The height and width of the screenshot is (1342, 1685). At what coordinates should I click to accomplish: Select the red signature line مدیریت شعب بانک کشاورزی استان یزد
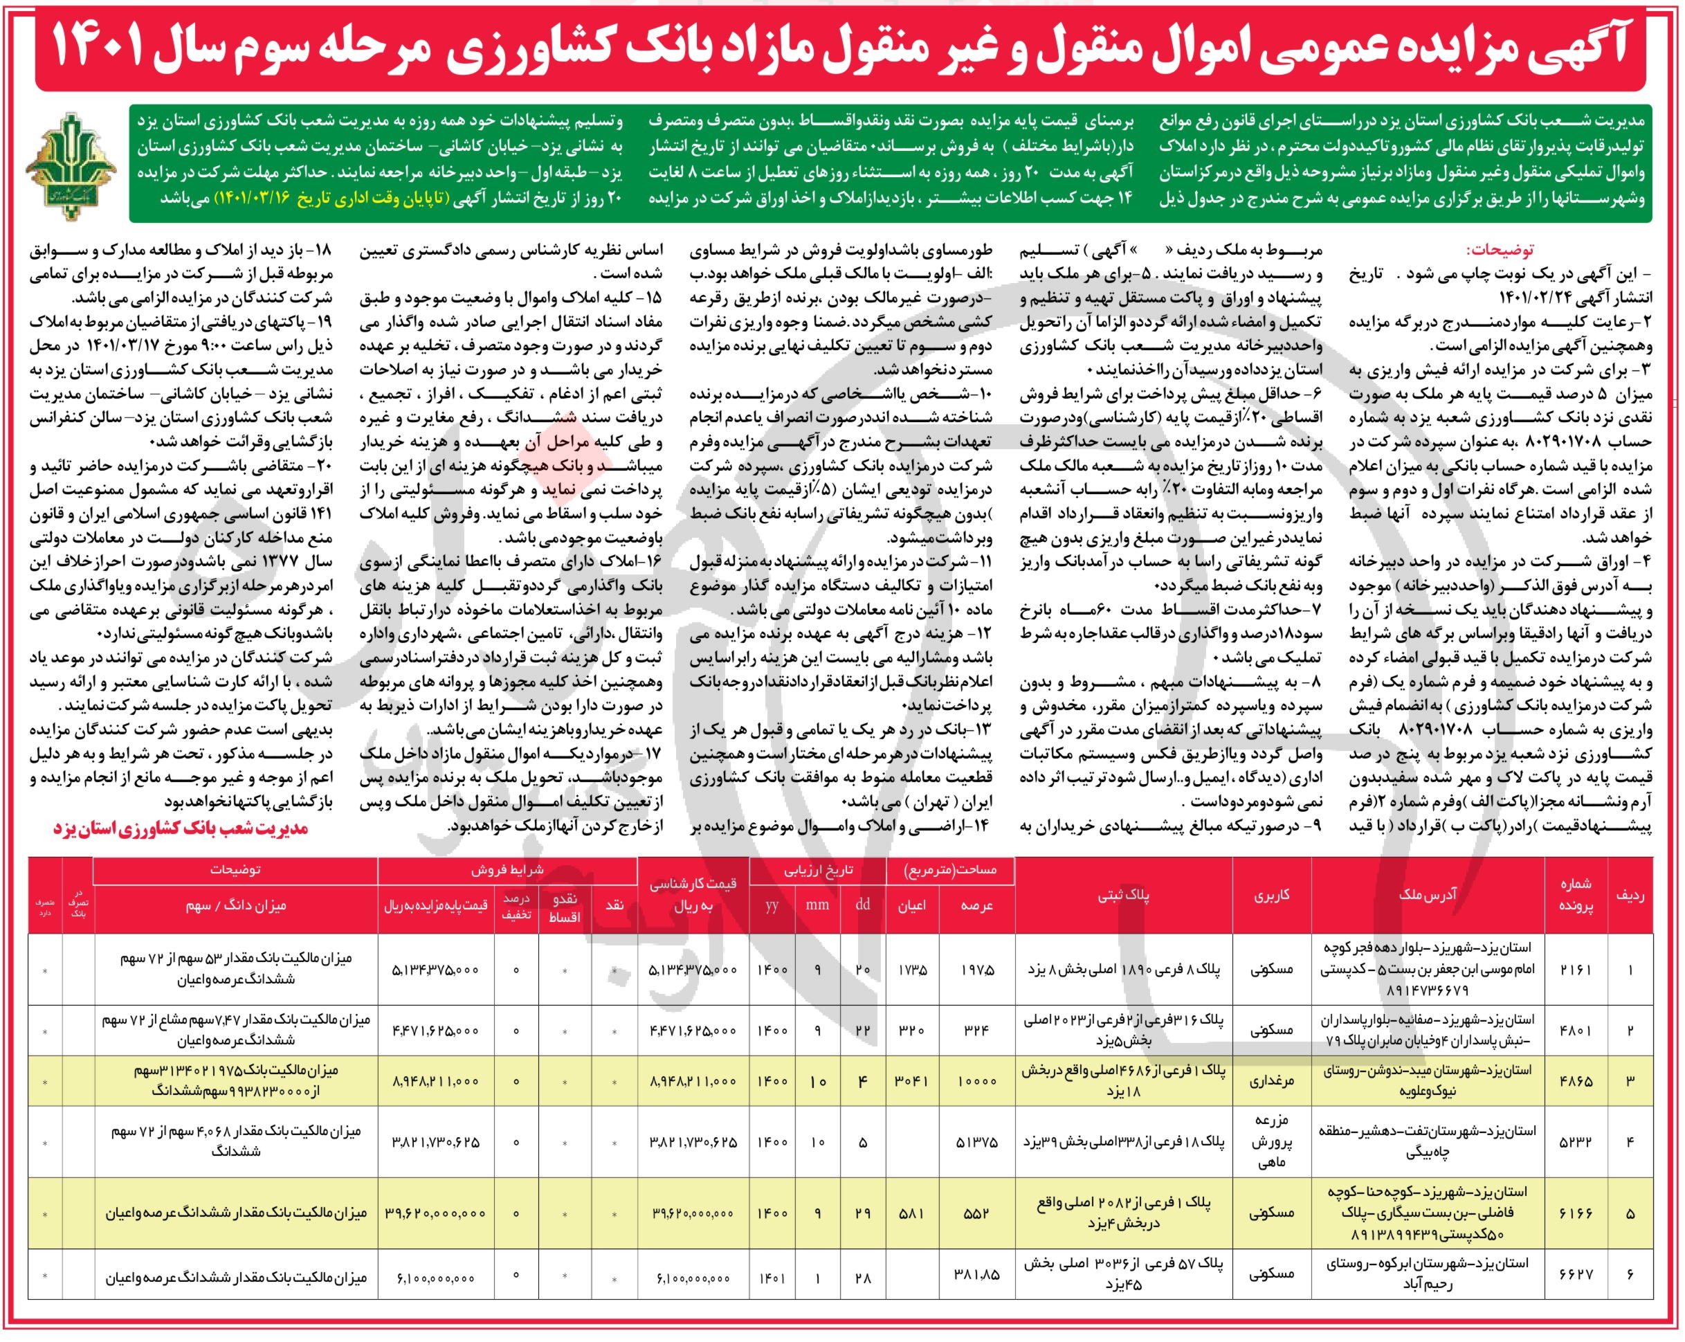[181, 829]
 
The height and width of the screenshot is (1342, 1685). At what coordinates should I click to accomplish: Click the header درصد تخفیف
[515, 905]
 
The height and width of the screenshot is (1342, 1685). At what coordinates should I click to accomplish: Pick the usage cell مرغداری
[1272, 1081]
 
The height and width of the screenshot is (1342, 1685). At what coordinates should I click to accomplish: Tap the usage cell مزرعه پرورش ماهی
[1272, 1142]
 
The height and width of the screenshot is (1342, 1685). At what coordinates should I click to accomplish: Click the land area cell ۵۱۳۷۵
[976, 1142]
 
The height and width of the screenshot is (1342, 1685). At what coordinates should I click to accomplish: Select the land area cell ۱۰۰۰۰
[976, 1081]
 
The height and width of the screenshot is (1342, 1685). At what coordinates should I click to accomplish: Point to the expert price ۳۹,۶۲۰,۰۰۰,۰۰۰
[693, 1214]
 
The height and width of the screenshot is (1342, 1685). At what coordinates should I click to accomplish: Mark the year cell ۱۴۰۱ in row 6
[772, 1279]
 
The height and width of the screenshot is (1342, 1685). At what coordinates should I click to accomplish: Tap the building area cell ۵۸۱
[911, 1214]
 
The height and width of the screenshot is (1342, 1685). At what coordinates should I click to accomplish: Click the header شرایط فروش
[508, 869]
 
